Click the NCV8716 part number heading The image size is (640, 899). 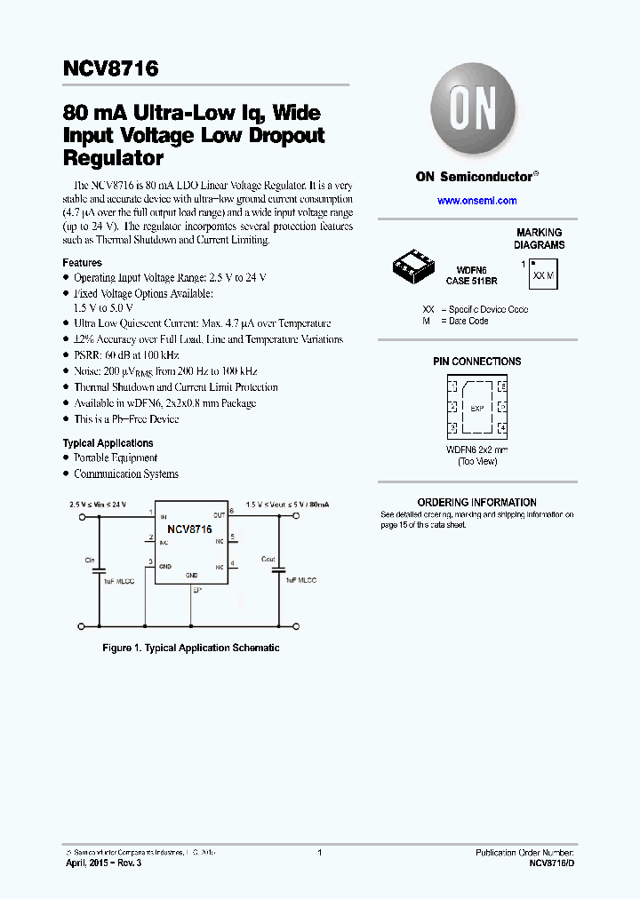point(110,68)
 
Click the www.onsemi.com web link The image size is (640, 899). point(476,201)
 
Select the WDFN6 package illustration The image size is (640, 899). point(415,266)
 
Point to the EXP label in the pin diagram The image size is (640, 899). point(476,409)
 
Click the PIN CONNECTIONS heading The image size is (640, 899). point(476,362)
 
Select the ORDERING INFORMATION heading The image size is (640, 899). point(476,502)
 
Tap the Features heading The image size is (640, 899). point(82,263)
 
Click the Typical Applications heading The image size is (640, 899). point(108,442)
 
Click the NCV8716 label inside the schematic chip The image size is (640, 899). point(189,529)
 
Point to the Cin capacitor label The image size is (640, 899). point(90,561)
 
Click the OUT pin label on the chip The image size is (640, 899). point(218,514)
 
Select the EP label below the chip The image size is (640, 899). point(196,589)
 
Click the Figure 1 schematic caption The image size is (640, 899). point(191,648)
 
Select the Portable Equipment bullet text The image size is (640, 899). point(116,458)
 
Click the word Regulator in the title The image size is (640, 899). point(113,159)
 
